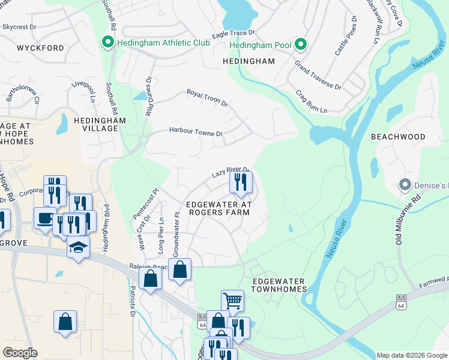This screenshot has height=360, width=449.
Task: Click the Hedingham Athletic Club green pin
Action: click(107, 43)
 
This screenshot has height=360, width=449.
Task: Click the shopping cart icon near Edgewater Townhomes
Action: click(232, 301)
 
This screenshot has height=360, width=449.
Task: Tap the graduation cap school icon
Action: click(78, 247)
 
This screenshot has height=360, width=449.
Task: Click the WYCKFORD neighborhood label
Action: click(40, 47)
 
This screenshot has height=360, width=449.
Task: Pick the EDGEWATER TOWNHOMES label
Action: click(278, 285)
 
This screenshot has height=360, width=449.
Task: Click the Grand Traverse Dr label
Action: click(318, 75)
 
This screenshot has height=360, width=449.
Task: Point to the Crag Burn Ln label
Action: click(311, 102)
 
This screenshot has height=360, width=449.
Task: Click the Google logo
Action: click(19, 353)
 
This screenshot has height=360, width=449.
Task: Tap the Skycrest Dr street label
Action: click(19, 27)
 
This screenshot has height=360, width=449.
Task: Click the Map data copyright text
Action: click(411, 355)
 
